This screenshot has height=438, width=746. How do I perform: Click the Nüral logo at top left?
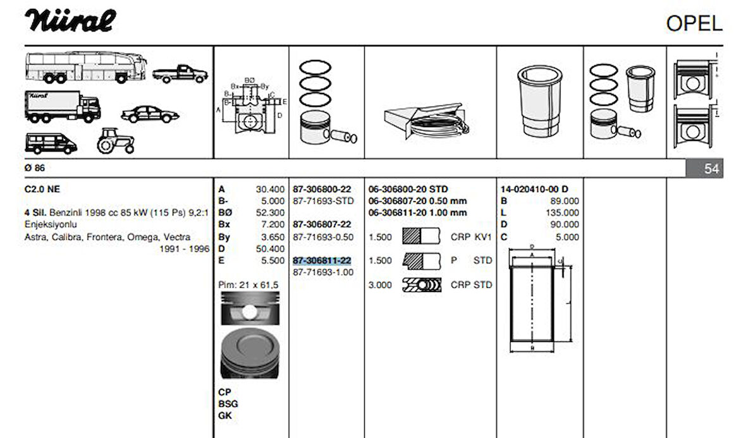pyautogui.click(x=71, y=21)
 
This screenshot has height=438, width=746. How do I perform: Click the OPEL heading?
pyautogui.click(x=694, y=23)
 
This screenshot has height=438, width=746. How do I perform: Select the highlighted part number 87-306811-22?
pyautogui.click(x=322, y=260)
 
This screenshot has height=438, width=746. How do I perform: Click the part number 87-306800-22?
pyautogui.click(x=322, y=189)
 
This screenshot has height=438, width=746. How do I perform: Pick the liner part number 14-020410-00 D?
pyautogui.click(x=534, y=189)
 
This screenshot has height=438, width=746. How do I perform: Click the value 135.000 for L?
pyautogui.click(x=561, y=212)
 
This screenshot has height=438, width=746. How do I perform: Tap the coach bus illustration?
pyautogui.click(x=86, y=66)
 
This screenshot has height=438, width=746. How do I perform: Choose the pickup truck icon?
pyautogui.click(x=180, y=73)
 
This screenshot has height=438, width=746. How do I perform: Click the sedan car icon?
pyautogui.click(x=150, y=114)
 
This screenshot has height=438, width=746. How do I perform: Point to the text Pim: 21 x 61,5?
pyautogui.click(x=248, y=285)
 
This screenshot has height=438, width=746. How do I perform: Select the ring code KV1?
pyautogui.click(x=483, y=236)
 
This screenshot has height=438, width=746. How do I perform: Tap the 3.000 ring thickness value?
pyautogui.click(x=381, y=285)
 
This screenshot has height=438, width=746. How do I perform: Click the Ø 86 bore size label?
pyautogui.click(x=35, y=168)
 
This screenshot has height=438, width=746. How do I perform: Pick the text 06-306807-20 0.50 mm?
pyautogui.click(x=417, y=201)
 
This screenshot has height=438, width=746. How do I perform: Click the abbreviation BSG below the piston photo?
pyautogui.click(x=228, y=404)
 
